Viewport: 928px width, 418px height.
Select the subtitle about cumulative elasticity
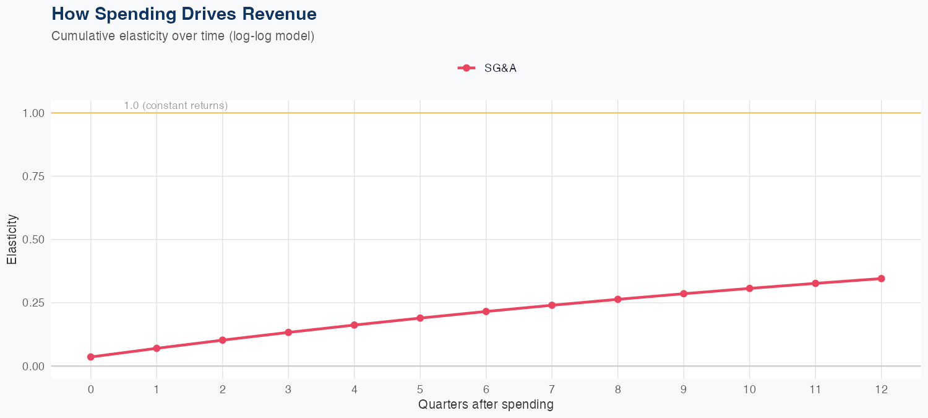(x=183, y=37)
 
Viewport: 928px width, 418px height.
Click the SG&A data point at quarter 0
(x=91, y=357)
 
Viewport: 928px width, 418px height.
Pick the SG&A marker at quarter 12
(x=881, y=279)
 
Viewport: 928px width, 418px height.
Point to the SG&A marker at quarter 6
(x=486, y=311)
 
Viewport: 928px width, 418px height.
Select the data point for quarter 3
(x=288, y=333)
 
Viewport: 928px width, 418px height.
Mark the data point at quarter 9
(x=684, y=294)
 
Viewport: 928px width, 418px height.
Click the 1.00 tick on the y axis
(x=33, y=113)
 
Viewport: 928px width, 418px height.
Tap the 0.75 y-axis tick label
(x=33, y=176)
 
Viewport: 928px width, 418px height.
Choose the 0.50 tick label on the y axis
(x=33, y=240)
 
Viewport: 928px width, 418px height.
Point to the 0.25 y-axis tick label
(x=33, y=303)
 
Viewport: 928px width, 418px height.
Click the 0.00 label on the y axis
(x=33, y=366)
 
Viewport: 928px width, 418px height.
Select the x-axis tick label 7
(x=552, y=390)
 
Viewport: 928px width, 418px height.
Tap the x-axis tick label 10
(x=749, y=390)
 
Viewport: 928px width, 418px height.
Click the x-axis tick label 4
(x=354, y=390)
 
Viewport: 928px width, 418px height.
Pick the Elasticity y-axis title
(x=12, y=240)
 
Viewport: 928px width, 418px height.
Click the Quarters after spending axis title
(x=486, y=405)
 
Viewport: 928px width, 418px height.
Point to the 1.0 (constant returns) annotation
(x=176, y=106)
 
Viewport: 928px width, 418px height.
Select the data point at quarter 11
(x=815, y=283)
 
